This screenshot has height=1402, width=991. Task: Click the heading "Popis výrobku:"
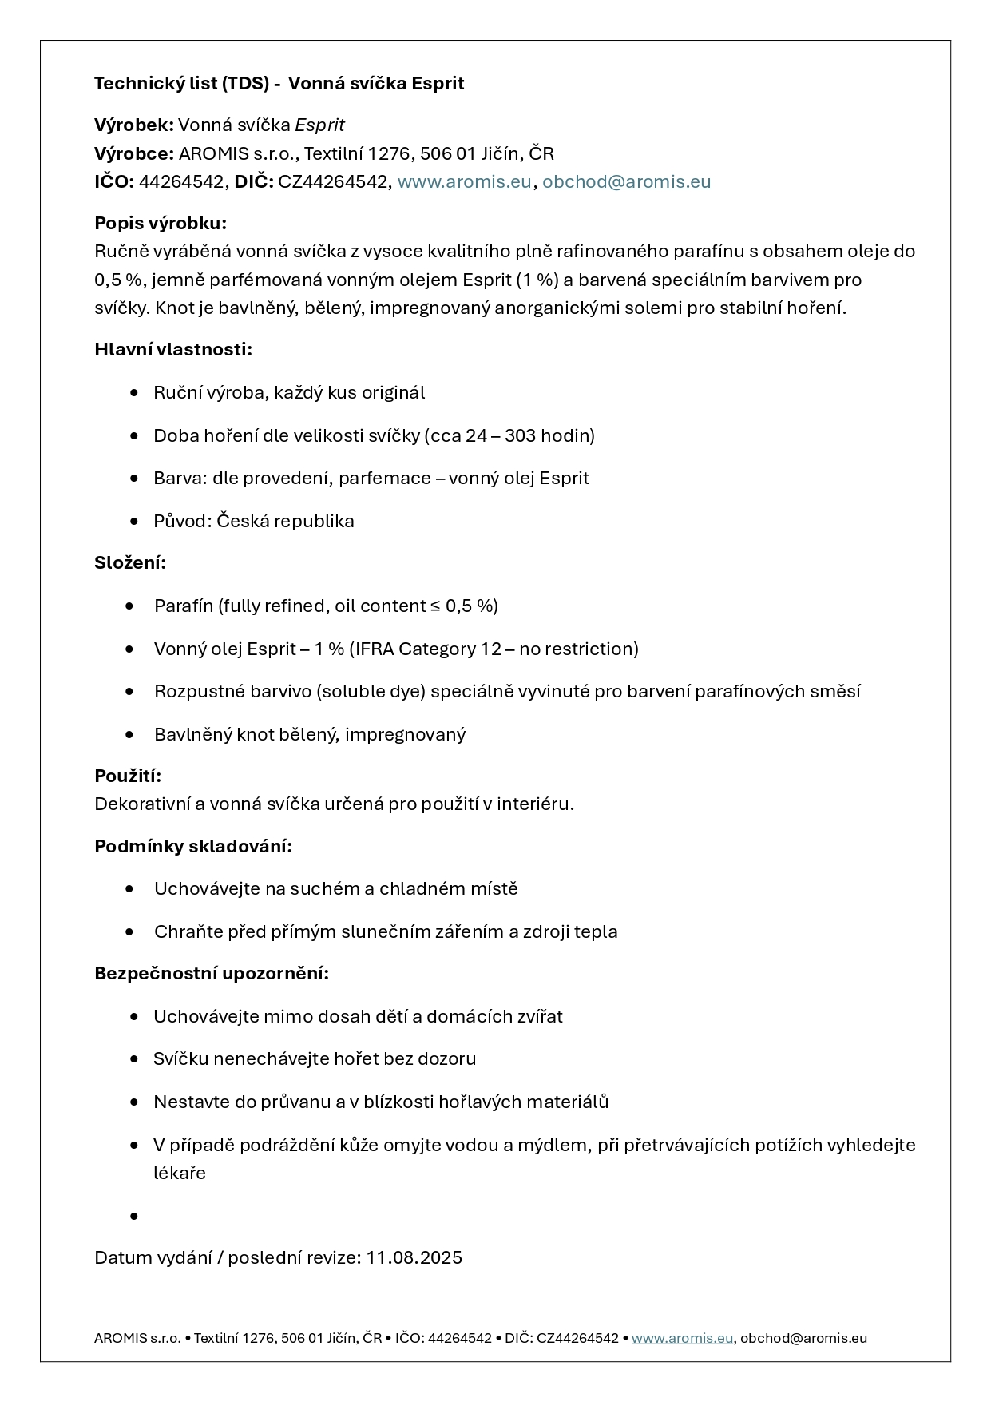pos(161,223)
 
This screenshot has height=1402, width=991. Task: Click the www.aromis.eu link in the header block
pos(464,181)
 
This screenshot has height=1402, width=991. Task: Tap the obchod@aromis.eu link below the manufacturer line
pos(626,181)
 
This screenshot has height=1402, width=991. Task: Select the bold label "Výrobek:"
pos(133,125)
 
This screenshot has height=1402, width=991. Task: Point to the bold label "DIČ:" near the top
pos(253,181)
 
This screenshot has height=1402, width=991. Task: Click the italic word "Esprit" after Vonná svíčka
pos(319,125)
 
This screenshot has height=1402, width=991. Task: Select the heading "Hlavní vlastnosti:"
pos(173,349)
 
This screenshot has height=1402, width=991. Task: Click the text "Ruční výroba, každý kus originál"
pos(289,392)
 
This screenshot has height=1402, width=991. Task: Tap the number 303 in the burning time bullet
pos(520,435)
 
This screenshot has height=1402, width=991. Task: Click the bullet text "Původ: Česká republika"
pos(254,521)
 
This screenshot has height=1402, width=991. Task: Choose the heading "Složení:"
pos(130,562)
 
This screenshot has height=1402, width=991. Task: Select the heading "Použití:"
pos(128,776)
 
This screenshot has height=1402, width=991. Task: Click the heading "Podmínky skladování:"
pos(193,846)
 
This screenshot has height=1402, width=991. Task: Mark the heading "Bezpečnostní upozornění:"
pos(212,973)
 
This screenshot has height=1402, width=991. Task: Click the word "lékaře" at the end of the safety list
pos(180,1173)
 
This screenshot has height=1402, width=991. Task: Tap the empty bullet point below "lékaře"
pos(134,1216)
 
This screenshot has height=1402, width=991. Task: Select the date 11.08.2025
pos(414,1257)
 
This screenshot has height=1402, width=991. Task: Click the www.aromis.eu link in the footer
pos(682,1338)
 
